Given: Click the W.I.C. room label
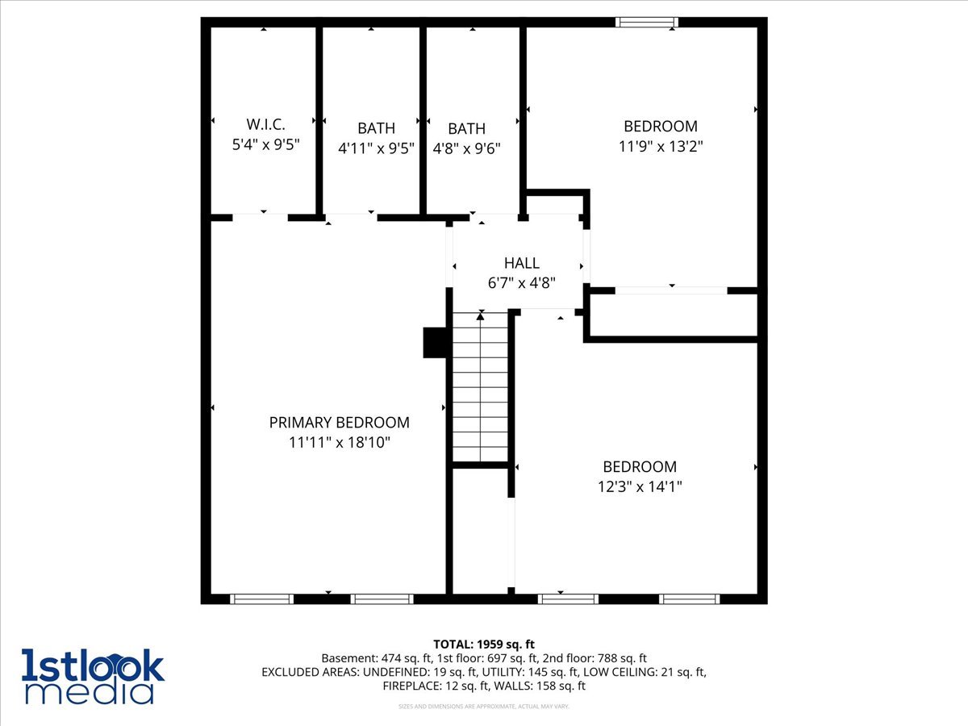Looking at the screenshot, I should tap(265, 124).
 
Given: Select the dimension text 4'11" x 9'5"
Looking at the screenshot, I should tap(376, 148).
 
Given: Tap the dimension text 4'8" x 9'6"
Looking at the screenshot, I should tap(466, 148).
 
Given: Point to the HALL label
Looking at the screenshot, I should tap(521, 263).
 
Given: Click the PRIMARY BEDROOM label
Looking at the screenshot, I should tap(339, 423).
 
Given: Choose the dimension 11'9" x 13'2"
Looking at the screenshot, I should tap(660, 147).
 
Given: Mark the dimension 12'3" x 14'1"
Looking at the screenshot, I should tap(640, 487).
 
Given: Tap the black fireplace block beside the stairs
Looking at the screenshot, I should tap(435, 342).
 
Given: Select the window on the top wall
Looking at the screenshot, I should tap(646, 23).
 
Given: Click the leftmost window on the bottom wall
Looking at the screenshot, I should tap(261, 599).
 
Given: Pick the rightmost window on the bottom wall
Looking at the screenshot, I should tap(689, 599).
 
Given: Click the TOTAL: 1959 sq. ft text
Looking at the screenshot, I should tap(484, 644).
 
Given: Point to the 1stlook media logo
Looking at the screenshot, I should tap(93, 676).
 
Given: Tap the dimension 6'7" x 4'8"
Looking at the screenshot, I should tap(521, 282).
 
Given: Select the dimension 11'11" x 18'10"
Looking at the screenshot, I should tap(339, 443).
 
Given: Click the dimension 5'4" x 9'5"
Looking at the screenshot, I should tap(265, 145).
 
